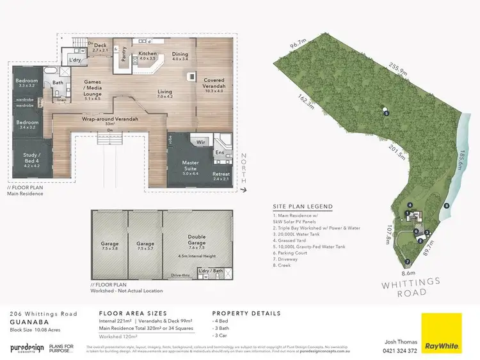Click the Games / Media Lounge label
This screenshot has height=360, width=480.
coord(93,92)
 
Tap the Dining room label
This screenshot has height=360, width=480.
coord(180,55)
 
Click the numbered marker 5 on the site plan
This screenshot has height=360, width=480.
coord(386,113)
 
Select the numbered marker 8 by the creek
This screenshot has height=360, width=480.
coord(447,205)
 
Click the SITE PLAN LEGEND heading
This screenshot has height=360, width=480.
coord(303,207)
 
